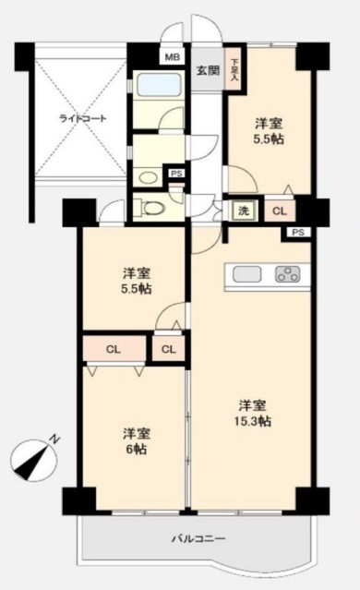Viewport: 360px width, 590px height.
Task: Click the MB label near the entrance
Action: click(171, 57)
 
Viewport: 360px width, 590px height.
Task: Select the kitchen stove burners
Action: click(287, 274)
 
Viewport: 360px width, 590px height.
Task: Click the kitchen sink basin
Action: click(246, 274)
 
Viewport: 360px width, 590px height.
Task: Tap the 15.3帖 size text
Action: click(252, 421)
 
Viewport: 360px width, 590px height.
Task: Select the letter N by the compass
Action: click(54, 439)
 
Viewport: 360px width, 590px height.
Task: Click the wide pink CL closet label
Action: click(113, 349)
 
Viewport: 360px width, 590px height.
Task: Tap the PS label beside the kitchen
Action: click(296, 233)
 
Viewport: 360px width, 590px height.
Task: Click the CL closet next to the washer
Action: click(278, 211)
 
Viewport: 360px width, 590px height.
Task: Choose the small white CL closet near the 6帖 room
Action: click(167, 349)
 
